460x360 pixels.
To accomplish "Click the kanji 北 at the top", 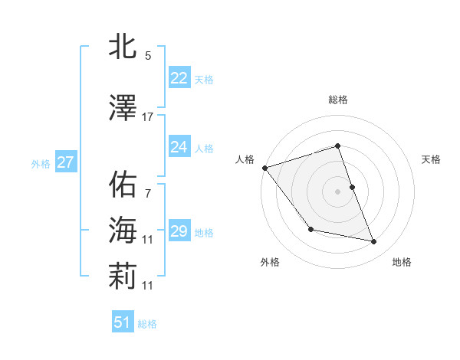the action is point(123,47).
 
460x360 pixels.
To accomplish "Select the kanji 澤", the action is point(123,110).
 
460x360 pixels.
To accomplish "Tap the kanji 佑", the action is point(123,184).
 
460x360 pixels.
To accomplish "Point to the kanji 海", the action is point(123,229).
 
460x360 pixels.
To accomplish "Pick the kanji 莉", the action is point(123,278).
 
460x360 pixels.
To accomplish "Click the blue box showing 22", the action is point(179,78).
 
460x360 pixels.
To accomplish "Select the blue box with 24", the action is point(179,147).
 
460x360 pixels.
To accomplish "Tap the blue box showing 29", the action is point(179,231).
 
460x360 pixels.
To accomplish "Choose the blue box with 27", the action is point(65,162).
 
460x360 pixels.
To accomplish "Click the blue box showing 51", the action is point(122,323).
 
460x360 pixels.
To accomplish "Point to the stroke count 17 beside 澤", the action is point(148,117).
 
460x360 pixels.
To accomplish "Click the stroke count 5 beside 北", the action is point(148,55).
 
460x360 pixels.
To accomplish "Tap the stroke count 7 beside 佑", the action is point(148,193).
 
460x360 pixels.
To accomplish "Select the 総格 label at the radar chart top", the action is point(338,100).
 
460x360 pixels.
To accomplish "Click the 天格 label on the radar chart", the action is point(432,159).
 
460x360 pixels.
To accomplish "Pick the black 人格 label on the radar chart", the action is point(245,159).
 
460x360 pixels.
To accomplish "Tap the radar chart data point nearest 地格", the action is point(374,242).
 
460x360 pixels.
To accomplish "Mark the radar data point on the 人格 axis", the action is point(264,168).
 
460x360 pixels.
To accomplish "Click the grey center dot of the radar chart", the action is point(338,191).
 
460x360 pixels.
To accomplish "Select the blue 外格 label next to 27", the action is point(41,163).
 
